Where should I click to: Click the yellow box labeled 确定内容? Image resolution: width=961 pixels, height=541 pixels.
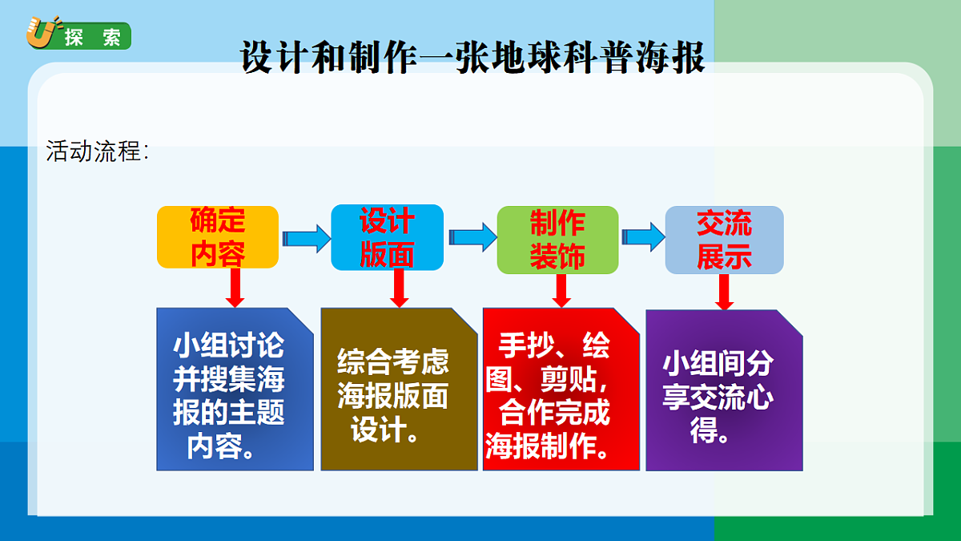point(218,237)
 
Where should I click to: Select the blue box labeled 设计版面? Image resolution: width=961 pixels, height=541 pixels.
point(387,237)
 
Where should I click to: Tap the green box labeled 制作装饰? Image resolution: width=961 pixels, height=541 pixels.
point(557,239)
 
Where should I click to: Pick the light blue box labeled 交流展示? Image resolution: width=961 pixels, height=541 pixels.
point(724,240)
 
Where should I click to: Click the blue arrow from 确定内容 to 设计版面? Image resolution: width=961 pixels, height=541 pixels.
point(306,238)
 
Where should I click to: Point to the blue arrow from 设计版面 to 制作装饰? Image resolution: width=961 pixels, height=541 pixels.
point(472,237)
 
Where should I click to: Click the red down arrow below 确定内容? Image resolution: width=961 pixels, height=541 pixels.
point(235,288)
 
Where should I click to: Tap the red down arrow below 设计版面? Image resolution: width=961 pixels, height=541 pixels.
point(400,288)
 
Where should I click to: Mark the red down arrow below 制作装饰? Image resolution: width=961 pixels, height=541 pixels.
point(561,290)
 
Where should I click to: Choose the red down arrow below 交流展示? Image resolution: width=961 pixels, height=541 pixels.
point(724,292)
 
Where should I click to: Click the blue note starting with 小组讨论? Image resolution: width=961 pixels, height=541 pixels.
point(234,390)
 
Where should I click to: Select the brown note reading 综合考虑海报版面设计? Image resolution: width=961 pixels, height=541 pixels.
point(399,390)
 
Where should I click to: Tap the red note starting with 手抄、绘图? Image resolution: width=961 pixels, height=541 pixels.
point(561,390)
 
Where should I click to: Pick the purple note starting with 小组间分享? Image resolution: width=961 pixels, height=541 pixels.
point(724,390)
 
